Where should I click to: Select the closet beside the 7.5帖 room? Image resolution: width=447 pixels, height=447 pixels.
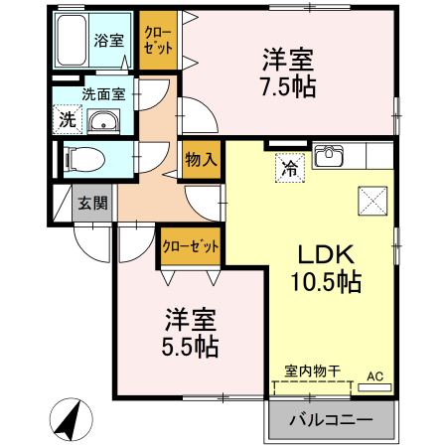point(158,40)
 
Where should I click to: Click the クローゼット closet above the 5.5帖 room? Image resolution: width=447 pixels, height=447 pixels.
point(191,245)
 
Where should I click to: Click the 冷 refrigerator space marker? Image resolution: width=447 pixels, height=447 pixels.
point(287,167)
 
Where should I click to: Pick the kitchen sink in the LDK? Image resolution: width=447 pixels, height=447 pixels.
point(329,157)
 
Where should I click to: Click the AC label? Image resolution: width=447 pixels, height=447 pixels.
point(375,376)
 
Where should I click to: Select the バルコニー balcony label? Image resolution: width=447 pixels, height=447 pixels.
point(331,421)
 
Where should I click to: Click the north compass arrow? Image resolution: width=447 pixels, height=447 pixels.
point(68,417)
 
